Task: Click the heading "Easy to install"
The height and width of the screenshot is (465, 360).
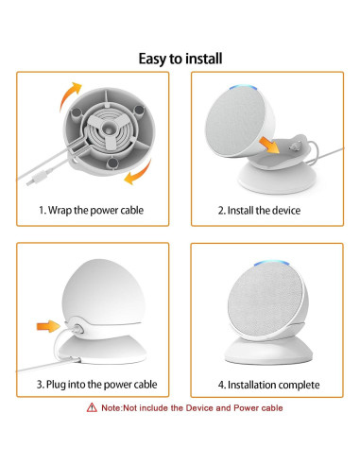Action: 180,59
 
